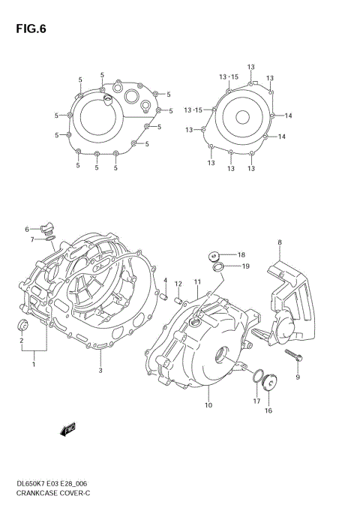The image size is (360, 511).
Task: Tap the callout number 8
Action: tap(279, 242)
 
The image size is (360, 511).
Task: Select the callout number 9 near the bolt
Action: tap(298, 377)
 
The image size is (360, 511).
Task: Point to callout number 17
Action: tap(256, 401)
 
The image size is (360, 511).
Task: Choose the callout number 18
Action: tap(242, 255)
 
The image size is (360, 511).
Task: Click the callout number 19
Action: tap(244, 266)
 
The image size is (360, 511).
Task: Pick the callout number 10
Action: tap(208, 405)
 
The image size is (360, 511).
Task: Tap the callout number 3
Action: tap(100, 370)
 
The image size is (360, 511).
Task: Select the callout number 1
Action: tap(33, 364)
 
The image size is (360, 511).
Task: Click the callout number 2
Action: tap(22, 340)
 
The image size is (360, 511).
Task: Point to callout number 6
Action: tap(26, 229)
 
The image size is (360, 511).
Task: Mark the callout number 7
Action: tap(32, 240)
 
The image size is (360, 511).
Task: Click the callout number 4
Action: tap(166, 280)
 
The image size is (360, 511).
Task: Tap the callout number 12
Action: tap(178, 284)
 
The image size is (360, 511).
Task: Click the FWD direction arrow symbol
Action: tap(69, 428)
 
